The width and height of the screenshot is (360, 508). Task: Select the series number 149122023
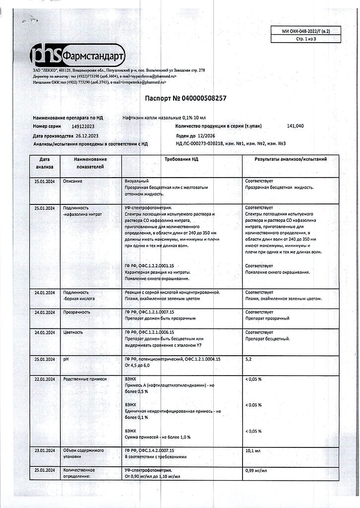(86, 127)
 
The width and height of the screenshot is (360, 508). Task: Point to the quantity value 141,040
(296, 127)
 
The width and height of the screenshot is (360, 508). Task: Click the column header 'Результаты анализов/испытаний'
(291, 159)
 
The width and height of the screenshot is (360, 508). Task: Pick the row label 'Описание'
(73, 181)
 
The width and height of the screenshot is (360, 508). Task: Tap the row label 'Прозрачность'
(76, 312)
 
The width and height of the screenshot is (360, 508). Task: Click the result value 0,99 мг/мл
(256, 470)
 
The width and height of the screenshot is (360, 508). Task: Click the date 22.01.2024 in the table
(45, 379)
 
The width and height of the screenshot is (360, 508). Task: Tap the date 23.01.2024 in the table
(45, 450)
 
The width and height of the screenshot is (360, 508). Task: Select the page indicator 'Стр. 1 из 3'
(306, 39)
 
